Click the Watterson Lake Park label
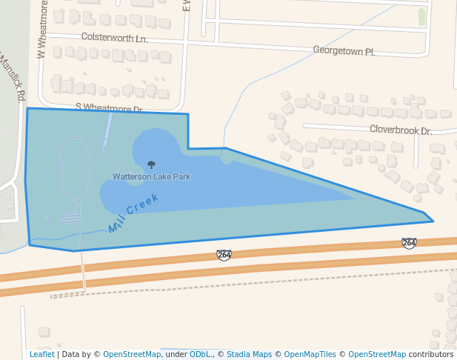[151, 177]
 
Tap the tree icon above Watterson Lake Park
[152, 165]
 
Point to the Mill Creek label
[134, 213]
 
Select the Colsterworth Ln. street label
[114, 37]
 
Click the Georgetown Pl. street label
[344, 51]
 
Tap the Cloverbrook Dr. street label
[401, 130]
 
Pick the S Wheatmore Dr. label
[109, 107]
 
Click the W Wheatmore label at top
[42, 30]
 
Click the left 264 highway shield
[224, 255]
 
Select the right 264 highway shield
[409, 243]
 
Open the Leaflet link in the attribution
[41, 355]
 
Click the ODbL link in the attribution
[200, 355]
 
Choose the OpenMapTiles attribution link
[310, 355]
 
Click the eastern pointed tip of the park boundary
[433, 220]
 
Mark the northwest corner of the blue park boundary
[28, 109]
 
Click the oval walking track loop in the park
[75, 167]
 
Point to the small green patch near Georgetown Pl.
[422, 16]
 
